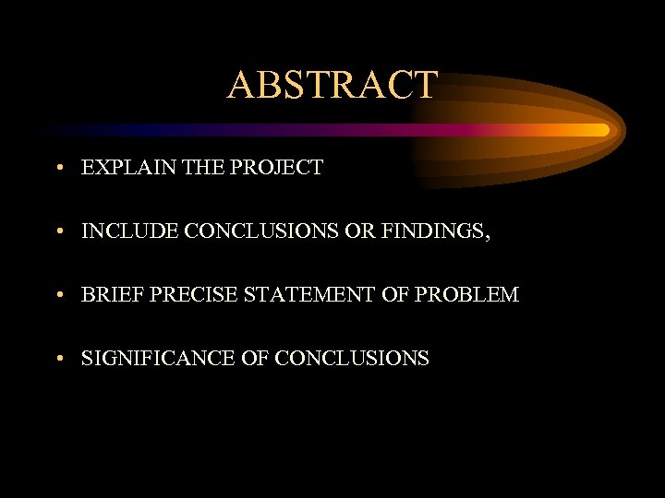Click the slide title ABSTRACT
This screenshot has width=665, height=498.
pyautogui.click(x=332, y=85)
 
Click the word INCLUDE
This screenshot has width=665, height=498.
pyautogui.click(x=129, y=231)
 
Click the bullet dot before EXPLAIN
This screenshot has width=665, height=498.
pyautogui.click(x=58, y=169)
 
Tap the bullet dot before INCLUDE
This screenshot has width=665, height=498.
pyautogui.click(x=58, y=232)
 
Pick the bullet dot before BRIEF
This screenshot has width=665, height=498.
pyautogui.click(x=58, y=296)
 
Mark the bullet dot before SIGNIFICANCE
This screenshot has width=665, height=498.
pyautogui.click(x=58, y=359)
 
